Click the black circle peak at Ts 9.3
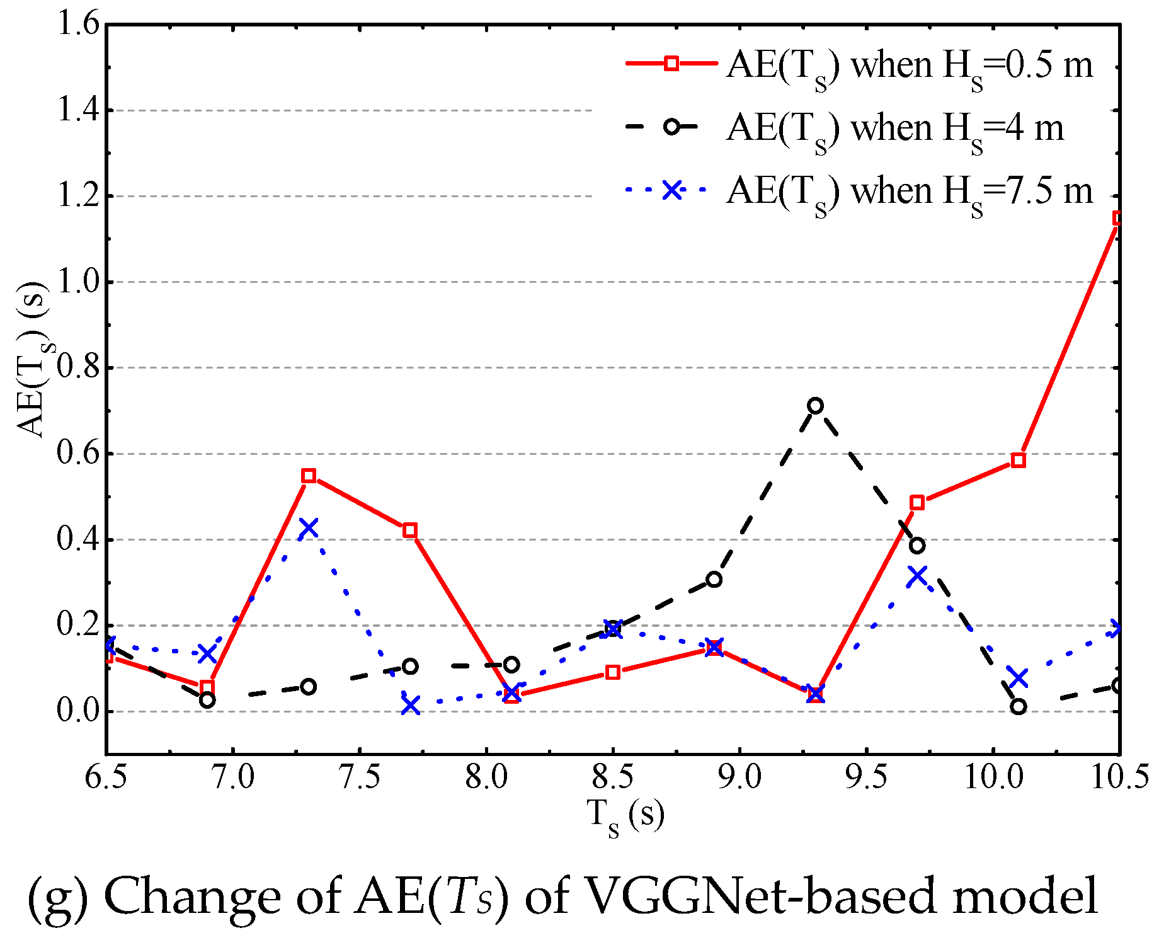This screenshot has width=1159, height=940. pyautogui.click(x=815, y=406)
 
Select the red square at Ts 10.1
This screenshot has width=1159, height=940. pyautogui.click(x=1019, y=460)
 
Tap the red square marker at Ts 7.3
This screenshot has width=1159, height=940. pyautogui.click(x=308, y=476)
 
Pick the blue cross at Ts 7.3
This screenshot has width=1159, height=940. pyautogui.click(x=308, y=527)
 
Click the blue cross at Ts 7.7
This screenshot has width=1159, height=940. pyautogui.click(x=410, y=706)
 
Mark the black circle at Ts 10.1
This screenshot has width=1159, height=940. pyautogui.click(x=1019, y=706)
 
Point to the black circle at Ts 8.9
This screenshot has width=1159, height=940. pyautogui.click(x=714, y=579)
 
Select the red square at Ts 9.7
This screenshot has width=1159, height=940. pyautogui.click(x=917, y=502)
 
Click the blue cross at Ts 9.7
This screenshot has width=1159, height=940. pyautogui.click(x=917, y=576)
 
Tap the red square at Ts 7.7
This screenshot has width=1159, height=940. pyautogui.click(x=410, y=530)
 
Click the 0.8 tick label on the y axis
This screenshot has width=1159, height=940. pyautogui.click(x=77, y=367)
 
